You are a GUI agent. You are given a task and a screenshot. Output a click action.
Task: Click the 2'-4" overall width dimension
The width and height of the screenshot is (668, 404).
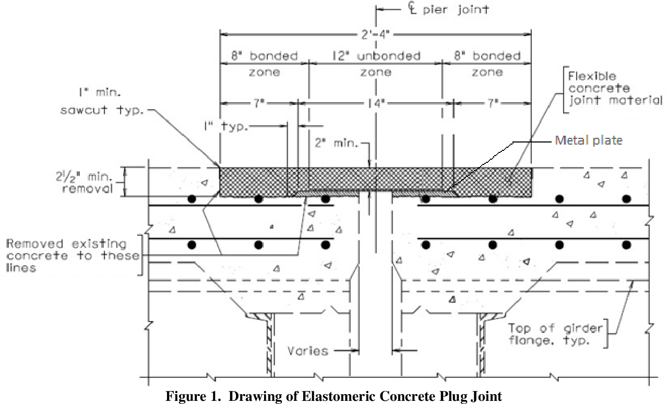[x=375, y=35]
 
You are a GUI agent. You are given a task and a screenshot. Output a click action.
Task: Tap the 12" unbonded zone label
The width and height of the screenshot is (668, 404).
[x=376, y=64]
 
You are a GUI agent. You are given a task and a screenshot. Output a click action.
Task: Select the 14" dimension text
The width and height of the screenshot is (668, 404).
[x=376, y=103]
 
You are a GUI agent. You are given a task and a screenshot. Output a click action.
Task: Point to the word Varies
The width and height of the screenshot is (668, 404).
[x=308, y=350]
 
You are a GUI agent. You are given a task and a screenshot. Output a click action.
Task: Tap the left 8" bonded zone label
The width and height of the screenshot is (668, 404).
[x=265, y=64]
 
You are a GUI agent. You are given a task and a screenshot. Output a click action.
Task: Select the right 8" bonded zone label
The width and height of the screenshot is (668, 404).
[x=487, y=64]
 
